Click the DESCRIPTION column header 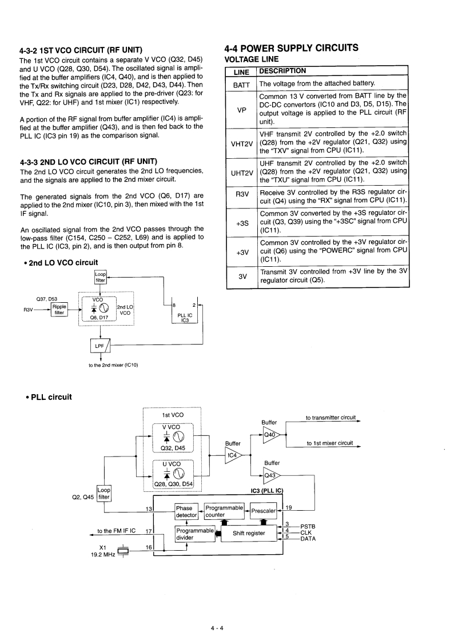[x=282, y=71]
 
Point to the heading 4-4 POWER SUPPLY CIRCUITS [x=292, y=47]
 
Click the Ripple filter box [x=59, y=309]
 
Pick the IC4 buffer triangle [x=233, y=455]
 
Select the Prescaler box [x=263, y=511]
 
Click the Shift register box [x=249, y=533]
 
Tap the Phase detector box [x=186, y=511]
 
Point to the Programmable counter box [x=225, y=511]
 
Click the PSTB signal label [x=308, y=526]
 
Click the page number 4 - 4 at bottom [x=217, y=613]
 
